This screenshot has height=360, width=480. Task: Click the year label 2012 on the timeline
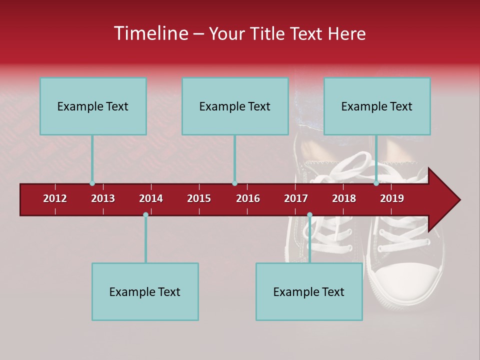tap(55, 199)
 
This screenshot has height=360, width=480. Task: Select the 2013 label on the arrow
tap(103, 199)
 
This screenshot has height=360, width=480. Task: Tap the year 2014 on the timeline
tap(151, 199)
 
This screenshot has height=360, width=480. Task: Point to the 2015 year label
tap(199, 199)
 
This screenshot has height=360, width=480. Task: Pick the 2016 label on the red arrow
tap(248, 199)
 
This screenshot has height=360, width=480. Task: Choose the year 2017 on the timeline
tap(296, 199)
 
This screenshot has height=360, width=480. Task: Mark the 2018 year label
tap(344, 199)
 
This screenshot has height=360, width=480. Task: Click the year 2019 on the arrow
tap(392, 199)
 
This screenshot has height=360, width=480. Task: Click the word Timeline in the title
tap(150, 33)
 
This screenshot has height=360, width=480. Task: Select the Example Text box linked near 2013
tap(93, 106)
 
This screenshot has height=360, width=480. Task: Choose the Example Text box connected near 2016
tap(235, 106)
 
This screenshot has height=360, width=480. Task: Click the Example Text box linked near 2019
tap(377, 106)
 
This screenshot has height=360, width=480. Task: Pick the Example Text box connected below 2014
tap(145, 291)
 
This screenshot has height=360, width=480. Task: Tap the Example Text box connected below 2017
tap(309, 291)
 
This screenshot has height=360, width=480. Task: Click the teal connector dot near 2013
tap(92, 183)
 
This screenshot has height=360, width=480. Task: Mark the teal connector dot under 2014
tap(145, 215)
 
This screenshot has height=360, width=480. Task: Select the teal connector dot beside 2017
tap(309, 215)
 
